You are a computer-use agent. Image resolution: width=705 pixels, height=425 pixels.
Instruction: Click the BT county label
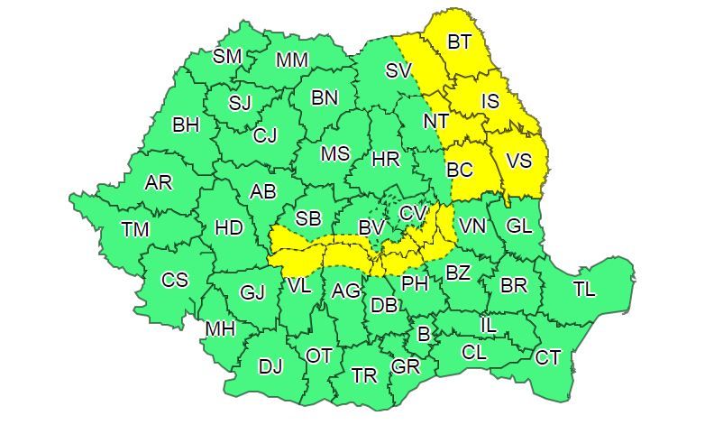pyautogui.click(x=459, y=42)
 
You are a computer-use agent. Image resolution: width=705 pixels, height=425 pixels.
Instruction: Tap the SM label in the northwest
pyautogui.click(x=227, y=56)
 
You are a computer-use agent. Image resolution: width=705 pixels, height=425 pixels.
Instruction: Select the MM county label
pyautogui.click(x=292, y=60)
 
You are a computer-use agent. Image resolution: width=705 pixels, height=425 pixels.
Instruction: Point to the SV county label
pyautogui.click(x=398, y=70)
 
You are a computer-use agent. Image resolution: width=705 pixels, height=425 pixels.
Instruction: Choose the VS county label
pyautogui.click(x=519, y=161)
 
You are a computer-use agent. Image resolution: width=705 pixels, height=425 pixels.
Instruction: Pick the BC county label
pyautogui.click(x=460, y=169)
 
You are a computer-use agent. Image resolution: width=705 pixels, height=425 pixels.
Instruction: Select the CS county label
pyautogui.click(x=175, y=280)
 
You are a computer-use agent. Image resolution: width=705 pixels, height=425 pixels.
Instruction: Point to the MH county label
pyautogui.click(x=220, y=329)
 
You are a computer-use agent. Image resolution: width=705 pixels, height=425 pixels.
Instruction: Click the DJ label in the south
pyautogui.click(x=270, y=366)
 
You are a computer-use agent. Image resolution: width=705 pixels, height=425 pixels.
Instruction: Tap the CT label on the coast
pyautogui.click(x=547, y=357)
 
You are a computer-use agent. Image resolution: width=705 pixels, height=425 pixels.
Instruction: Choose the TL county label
pyautogui.click(x=584, y=290)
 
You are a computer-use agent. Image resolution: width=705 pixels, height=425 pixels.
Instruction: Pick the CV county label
pyautogui.click(x=413, y=213)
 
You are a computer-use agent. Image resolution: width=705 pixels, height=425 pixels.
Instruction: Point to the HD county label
pyautogui.click(x=229, y=228)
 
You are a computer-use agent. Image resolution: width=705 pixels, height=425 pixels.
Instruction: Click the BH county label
pyautogui.click(x=186, y=125)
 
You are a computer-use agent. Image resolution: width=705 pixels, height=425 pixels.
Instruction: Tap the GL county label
pyautogui.click(x=519, y=226)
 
